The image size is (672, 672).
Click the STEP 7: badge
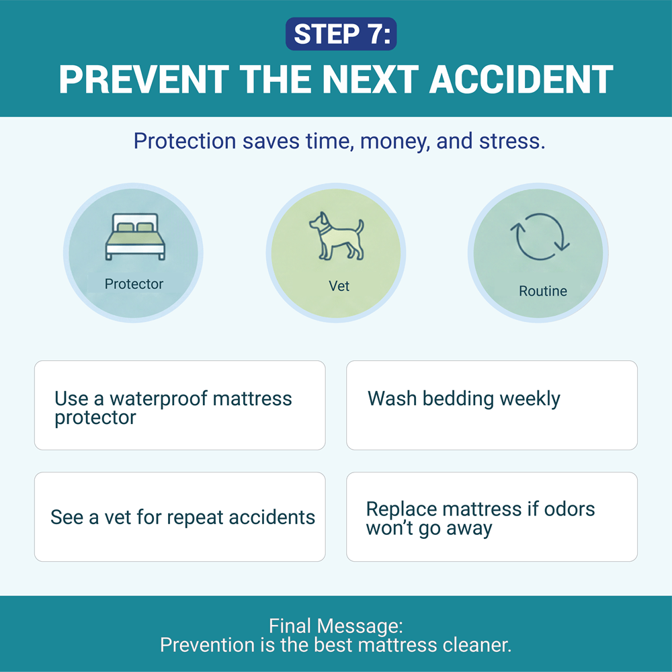341,34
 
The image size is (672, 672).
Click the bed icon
134,237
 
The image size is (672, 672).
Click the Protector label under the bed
134,284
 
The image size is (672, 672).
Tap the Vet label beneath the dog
339,286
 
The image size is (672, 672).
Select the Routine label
543,292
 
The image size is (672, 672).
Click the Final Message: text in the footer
336,626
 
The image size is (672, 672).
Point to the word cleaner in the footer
476,645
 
